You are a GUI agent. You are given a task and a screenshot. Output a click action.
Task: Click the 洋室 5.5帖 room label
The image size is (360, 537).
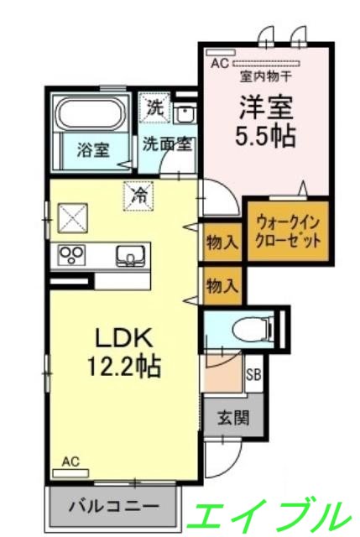pos(268,123)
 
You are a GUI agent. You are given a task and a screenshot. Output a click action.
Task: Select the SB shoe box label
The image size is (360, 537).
pos(253,374)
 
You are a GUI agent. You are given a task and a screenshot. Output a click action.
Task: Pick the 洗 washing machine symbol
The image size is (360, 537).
pos(154,107)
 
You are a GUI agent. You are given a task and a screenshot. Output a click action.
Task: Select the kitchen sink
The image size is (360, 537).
pos(130,255)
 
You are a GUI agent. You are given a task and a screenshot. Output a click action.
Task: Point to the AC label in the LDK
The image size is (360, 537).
pos(71,461)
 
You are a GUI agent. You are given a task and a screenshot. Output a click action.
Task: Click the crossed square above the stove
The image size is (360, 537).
pos(70,220)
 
